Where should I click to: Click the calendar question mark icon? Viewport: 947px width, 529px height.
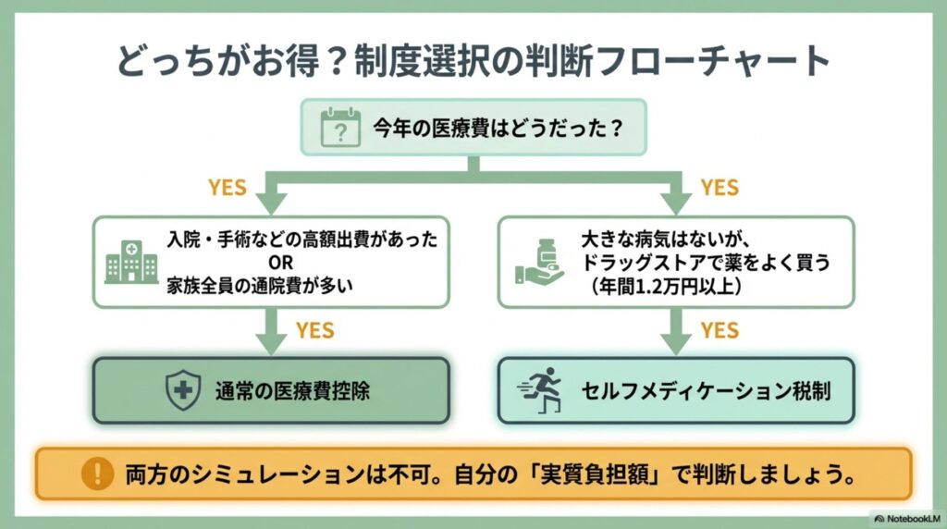[340, 129]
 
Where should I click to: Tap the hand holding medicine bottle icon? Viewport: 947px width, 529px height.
[539, 262]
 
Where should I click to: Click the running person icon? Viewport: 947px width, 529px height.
[542, 390]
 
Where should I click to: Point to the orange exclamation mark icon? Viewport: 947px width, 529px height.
[95, 474]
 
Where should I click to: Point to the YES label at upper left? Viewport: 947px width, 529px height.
[227, 188]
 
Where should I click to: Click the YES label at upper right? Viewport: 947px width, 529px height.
[719, 188]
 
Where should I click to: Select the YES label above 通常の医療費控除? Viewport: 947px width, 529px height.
[314, 330]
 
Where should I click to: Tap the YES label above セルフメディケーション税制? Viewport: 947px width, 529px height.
[719, 330]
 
